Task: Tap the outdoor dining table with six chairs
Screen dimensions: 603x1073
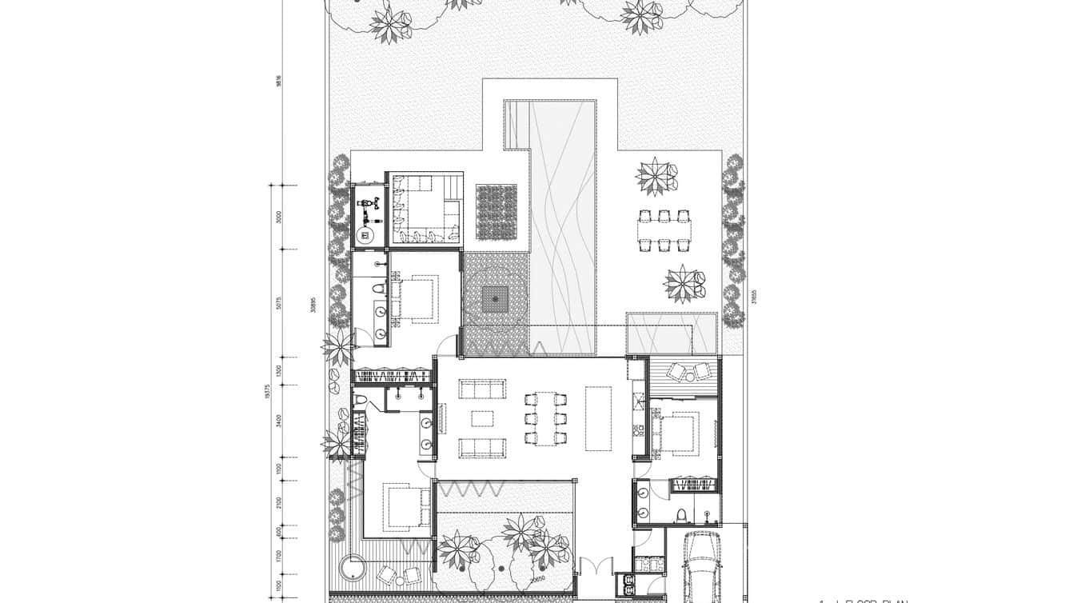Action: tap(664, 230)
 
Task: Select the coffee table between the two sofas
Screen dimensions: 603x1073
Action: tap(482, 418)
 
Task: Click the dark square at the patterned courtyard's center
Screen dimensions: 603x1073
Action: tap(496, 300)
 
